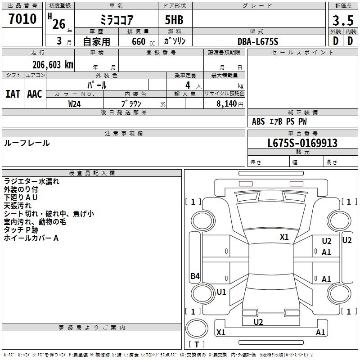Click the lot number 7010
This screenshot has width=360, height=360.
click(x=22, y=19)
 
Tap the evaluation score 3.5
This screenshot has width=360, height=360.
click(x=342, y=21)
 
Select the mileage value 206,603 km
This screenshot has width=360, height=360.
click(x=53, y=64)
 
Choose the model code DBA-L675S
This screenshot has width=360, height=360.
click(x=258, y=41)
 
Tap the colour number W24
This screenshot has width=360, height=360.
click(x=75, y=103)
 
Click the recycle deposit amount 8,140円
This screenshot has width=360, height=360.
click(x=228, y=103)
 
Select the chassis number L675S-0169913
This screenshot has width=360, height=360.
click(x=302, y=143)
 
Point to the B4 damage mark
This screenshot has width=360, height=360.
click(x=195, y=277)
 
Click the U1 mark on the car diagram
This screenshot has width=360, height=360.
click(x=221, y=292)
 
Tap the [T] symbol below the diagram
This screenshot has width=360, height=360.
click(x=197, y=344)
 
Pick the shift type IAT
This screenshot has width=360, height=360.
click(x=13, y=94)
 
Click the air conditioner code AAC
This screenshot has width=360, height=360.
click(x=35, y=94)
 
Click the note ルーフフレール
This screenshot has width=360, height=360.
click(x=27, y=143)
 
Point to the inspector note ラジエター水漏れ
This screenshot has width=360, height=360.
click(x=31, y=182)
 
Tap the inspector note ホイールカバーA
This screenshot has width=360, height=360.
click(x=31, y=238)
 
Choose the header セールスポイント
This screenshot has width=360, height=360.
click(x=303, y=53)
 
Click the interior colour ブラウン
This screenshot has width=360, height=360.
click(x=131, y=103)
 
